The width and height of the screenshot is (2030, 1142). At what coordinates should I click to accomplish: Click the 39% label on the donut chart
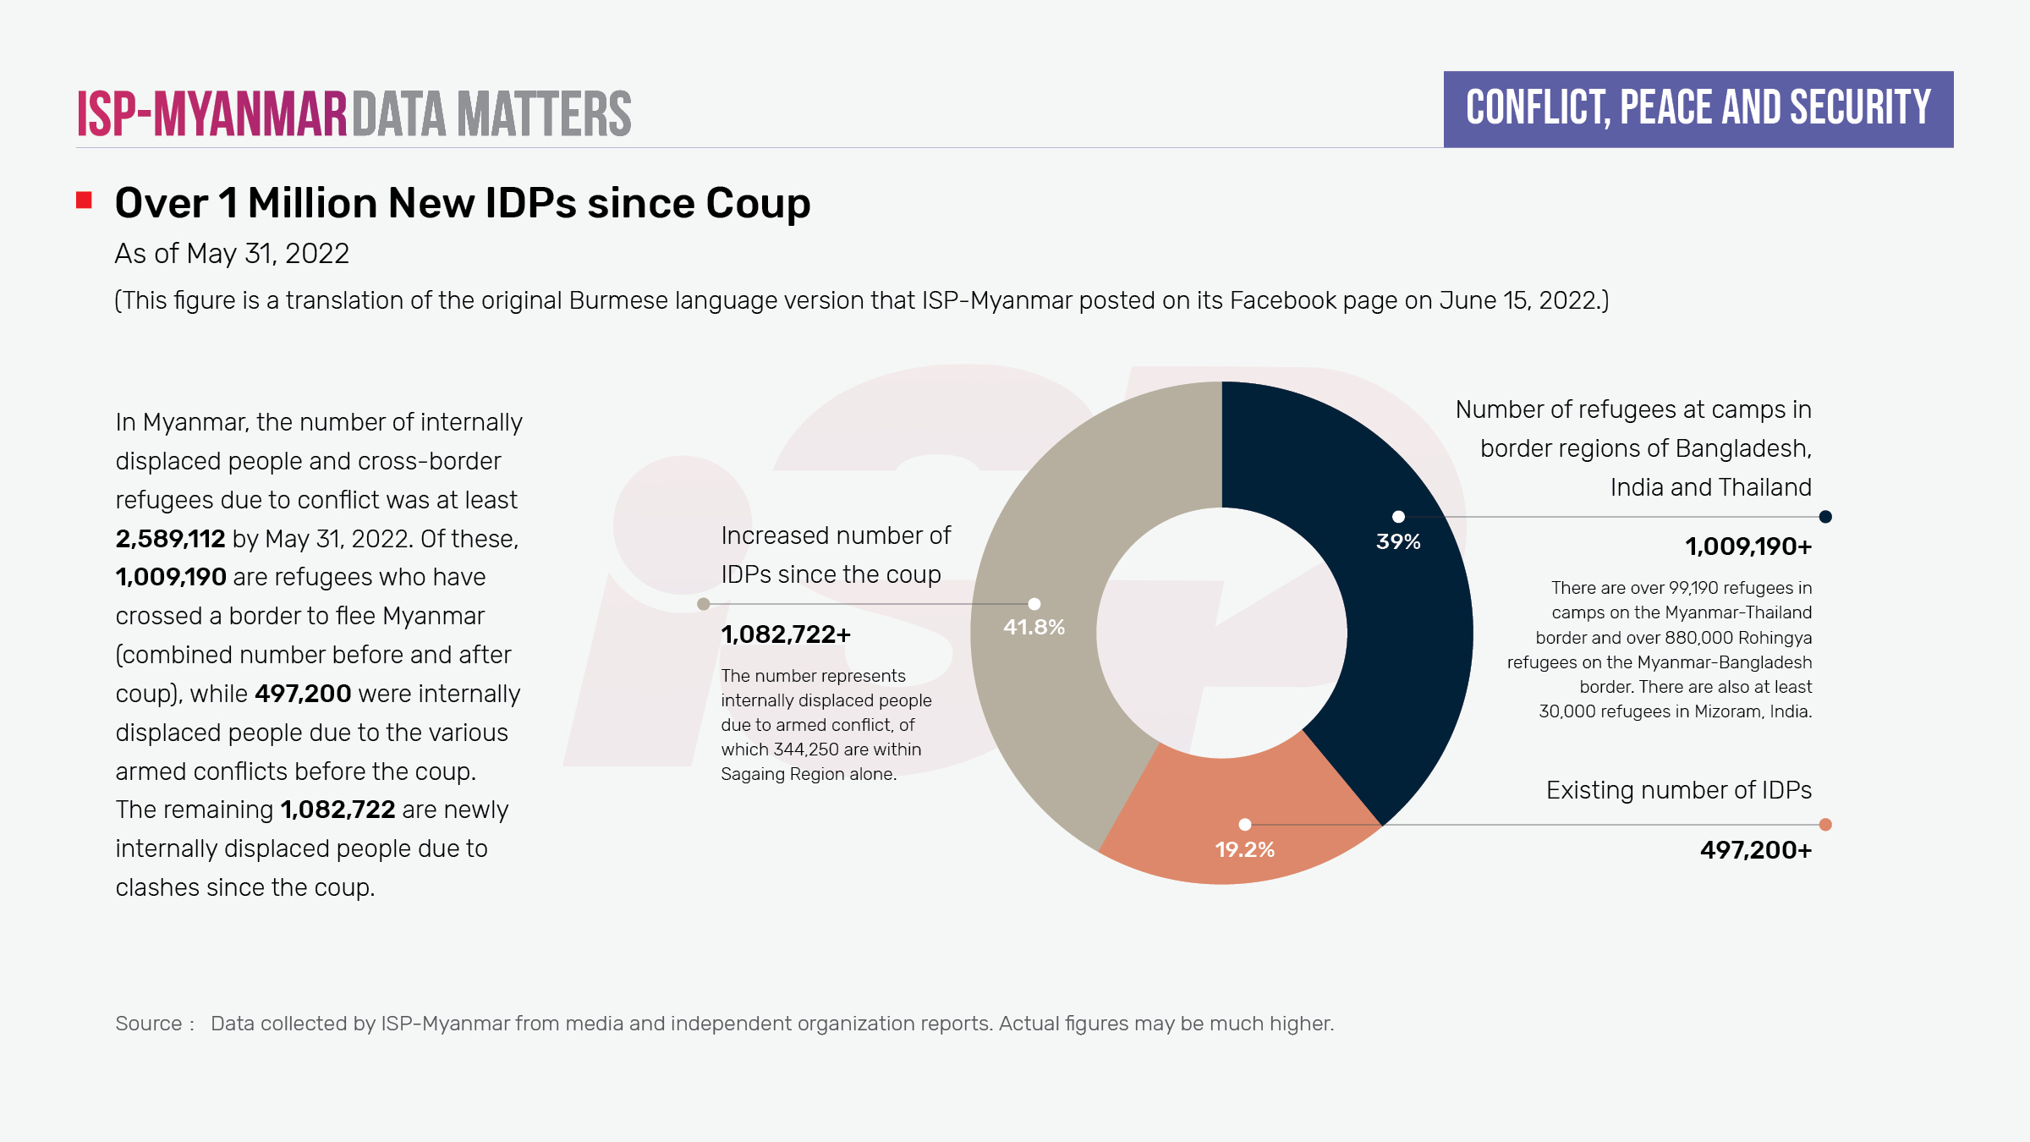pos(1398,541)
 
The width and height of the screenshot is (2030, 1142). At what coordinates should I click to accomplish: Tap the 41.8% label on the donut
pos(1034,627)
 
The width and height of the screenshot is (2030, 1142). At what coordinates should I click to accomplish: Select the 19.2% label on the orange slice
pos(1244,849)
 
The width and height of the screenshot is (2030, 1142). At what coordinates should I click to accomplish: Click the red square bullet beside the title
pos(84,200)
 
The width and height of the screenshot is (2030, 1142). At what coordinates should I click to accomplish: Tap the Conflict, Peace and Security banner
pos(1698,109)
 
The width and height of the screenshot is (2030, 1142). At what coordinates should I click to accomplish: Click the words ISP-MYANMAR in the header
pos(212,114)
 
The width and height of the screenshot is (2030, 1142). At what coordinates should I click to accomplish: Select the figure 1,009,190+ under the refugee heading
pos(1747,546)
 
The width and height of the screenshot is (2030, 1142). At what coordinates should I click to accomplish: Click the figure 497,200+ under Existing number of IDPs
pos(1755,849)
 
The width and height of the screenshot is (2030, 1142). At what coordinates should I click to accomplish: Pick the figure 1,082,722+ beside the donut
pos(786,634)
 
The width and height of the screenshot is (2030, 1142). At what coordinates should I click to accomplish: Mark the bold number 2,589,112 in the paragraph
pos(170,539)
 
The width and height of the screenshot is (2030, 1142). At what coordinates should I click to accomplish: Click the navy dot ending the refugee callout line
pos(1825,517)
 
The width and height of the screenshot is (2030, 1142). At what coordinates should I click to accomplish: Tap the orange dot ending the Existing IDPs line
pos(1825,825)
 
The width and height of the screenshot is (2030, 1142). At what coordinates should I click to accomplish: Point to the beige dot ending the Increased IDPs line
pos(703,604)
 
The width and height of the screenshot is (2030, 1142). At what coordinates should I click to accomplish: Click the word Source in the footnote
pos(149,1024)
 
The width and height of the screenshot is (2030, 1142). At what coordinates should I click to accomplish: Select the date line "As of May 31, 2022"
pos(232,254)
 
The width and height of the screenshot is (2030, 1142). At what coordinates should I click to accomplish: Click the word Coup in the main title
pos(758,204)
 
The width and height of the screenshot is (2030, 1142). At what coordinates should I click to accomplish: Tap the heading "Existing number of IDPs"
pos(1678,790)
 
